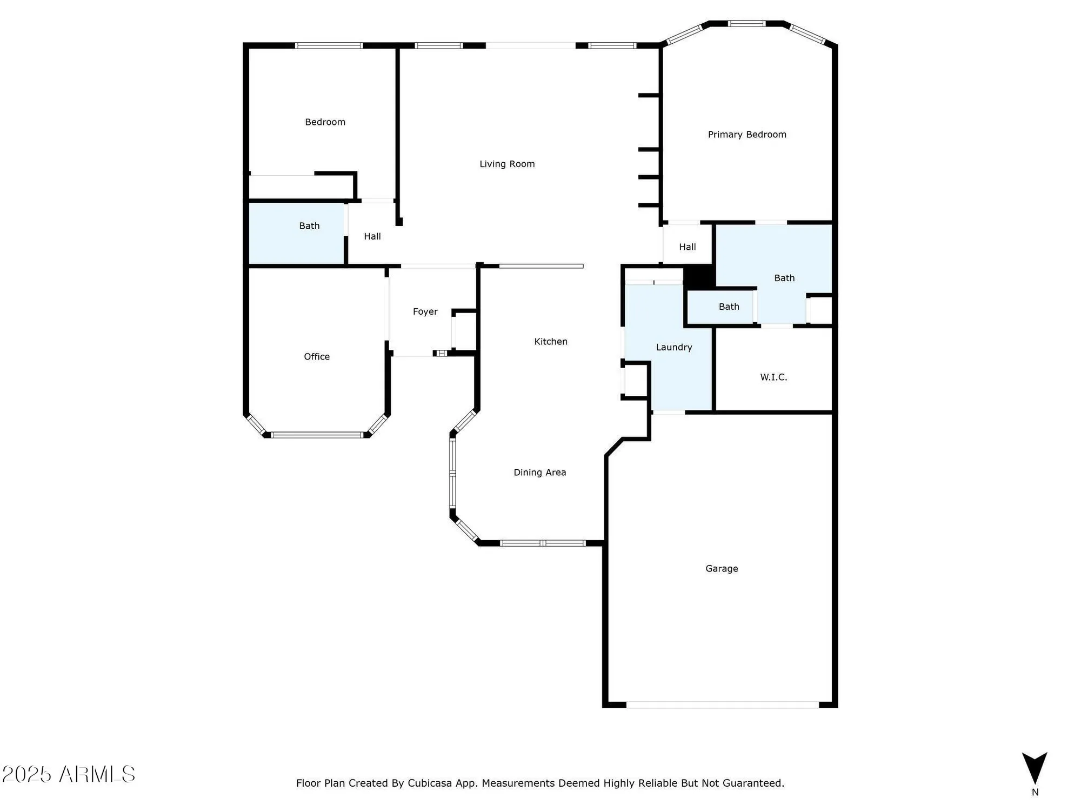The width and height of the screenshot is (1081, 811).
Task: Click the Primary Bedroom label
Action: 747,135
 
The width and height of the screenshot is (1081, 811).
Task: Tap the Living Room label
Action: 507,164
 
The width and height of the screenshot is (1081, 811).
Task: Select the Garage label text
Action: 722,568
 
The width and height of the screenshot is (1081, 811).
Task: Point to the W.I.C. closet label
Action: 773,377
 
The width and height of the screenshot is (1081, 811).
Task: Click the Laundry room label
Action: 674,347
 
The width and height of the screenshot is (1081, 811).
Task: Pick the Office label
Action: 317,356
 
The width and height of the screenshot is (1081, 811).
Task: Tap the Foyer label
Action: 425,311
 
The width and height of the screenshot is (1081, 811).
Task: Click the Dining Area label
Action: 539,473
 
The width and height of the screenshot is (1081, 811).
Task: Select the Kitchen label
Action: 551,341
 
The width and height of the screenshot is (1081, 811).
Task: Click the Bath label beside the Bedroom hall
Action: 309,226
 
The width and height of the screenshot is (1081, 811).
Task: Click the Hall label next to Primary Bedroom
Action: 688,247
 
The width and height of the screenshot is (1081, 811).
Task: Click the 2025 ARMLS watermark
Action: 69,774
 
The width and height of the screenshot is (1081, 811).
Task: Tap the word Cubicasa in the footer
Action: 430,783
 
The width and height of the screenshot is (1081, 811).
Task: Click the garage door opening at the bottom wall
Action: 722,704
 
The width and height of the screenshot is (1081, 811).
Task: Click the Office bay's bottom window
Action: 317,435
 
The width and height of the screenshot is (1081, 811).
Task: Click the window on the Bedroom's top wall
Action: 329,45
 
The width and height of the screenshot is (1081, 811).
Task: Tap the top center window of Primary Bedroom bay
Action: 746,24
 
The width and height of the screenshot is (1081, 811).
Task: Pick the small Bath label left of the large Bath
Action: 729,307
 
